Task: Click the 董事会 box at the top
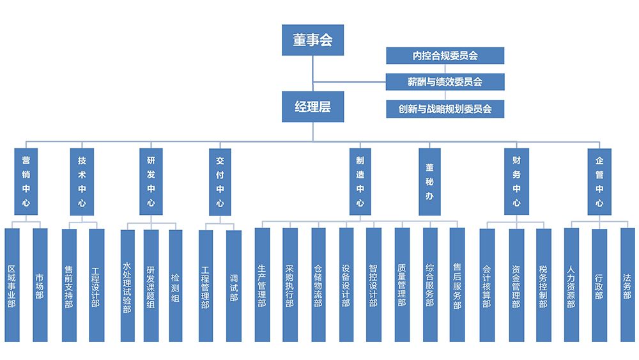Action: click(x=313, y=40)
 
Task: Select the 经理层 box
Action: click(x=313, y=107)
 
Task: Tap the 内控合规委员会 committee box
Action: click(x=445, y=56)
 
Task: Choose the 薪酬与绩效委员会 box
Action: click(x=445, y=82)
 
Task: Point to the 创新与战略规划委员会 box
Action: click(x=445, y=109)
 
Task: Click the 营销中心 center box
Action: click(x=26, y=182)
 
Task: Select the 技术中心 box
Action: click(x=82, y=182)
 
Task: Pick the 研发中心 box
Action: click(x=151, y=182)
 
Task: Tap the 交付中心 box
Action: click(x=220, y=182)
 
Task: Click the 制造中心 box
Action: click(x=360, y=182)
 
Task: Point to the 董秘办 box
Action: click(x=430, y=182)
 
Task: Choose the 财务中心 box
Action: click(x=516, y=182)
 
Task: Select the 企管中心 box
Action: click(x=599, y=182)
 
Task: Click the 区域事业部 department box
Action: click(x=12, y=285)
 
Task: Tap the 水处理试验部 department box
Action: click(x=127, y=285)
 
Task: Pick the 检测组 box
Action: click(x=175, y=285)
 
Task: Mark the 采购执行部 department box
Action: click(x=290, y=285)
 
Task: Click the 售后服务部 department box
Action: click(x=457, y=285)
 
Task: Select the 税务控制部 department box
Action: click(x=543, y=285)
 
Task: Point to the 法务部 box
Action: click(x=627, y=285)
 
